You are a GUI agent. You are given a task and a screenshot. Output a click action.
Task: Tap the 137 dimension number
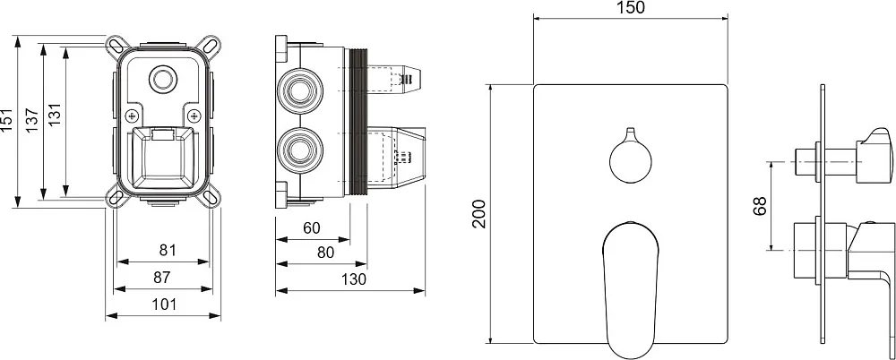(x=32, y=120)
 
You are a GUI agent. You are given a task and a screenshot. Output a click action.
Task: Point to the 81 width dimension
(x=167, y=250)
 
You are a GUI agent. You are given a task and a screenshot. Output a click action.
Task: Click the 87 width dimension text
(x=162, y=277)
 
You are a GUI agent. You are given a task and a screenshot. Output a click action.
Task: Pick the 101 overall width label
(x=165, y=304)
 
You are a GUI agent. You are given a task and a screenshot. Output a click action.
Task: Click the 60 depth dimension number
(x=312, y=228)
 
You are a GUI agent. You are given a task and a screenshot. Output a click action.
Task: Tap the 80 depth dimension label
(x=325, y=252)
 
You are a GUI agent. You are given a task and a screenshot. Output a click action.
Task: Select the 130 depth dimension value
(x=354, y=279)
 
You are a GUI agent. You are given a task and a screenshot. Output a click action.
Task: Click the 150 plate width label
(x=631, y=7)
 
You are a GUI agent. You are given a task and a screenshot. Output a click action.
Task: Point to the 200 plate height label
(x=478, y=214)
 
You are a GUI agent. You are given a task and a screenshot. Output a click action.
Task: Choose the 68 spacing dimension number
(x=760, y=207)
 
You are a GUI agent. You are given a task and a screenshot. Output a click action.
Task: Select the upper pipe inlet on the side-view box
(x=299, y=89)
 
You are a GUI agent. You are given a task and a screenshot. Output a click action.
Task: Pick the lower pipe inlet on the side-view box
(x=299, y=150)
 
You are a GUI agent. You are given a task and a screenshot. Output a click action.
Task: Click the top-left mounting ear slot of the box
(x=115, y=45)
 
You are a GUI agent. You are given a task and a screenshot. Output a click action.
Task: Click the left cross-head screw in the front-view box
(x=133, y=116)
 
